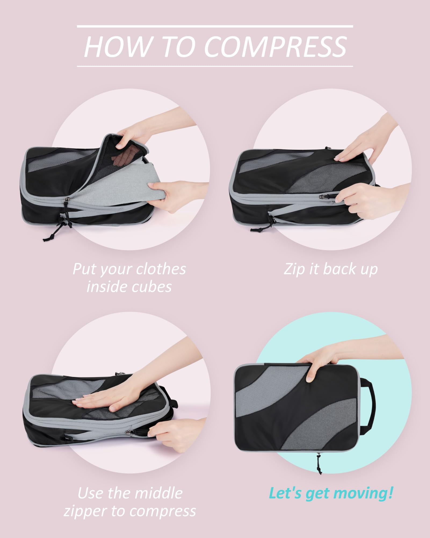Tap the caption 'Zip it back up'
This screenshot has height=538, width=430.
point(331,269)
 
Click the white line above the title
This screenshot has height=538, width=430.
point(215,26)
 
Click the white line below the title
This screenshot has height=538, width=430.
point(215,66)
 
